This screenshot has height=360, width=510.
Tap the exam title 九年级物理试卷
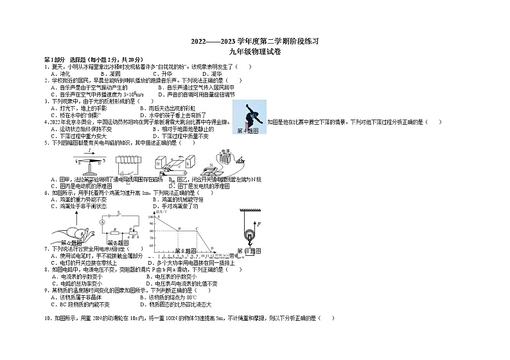[255, 51]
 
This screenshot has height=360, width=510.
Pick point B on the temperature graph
[178, 229]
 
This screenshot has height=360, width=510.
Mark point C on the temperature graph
[197, 229]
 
